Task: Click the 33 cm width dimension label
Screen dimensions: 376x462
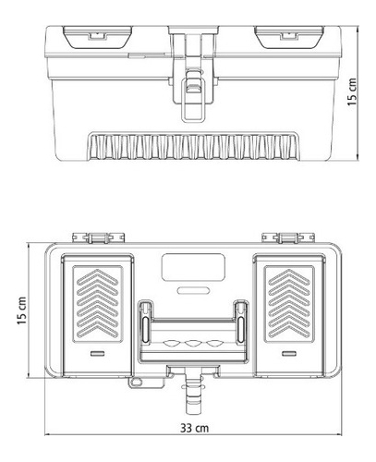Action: point(194,428)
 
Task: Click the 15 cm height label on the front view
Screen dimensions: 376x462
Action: point(352,91)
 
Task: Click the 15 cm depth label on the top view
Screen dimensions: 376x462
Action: point(22,310)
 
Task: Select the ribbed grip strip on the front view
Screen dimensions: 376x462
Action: point(193,146)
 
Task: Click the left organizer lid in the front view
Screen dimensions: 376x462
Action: point(98,37)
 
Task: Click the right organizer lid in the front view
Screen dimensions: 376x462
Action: point(289,37)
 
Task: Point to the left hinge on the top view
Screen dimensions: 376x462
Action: point(99,238)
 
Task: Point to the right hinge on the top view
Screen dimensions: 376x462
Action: point(288,238)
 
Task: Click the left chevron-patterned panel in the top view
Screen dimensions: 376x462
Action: point(98,304)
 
